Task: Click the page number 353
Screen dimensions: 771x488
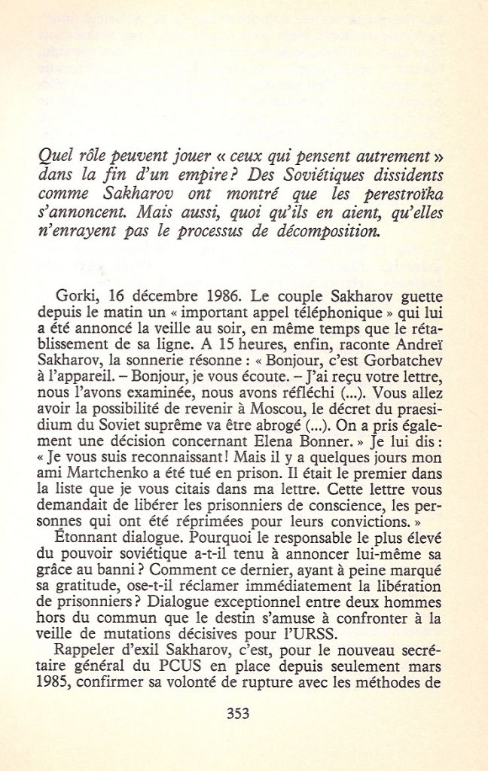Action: click(x=238, y=714)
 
